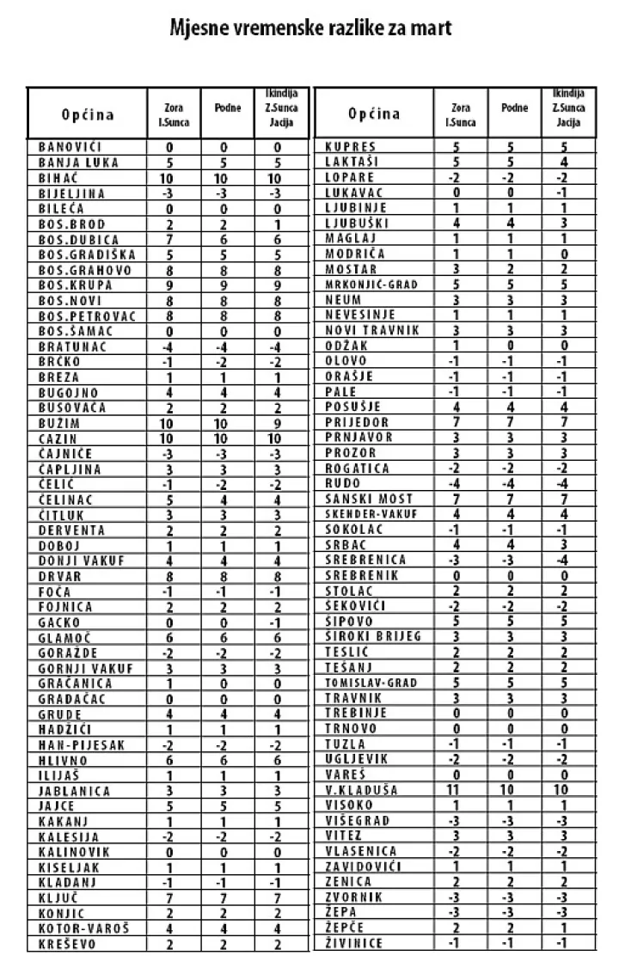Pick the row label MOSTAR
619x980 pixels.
[350, 269]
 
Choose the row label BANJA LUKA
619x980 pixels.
[78, 162]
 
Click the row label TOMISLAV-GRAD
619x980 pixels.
[371, 683]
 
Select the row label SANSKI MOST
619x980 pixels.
[369, 499]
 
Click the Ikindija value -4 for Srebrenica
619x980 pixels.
[563, 560]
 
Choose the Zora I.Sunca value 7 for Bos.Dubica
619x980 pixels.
[170, 240]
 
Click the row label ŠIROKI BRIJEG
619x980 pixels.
[373, 636]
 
